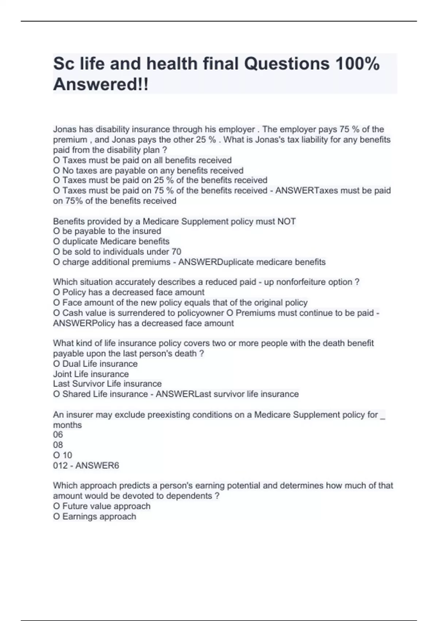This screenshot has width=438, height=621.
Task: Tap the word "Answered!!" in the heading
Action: pos(101,84)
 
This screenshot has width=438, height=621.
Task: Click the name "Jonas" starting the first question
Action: pos(65,129)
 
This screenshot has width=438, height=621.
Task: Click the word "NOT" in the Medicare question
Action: pos(286,221)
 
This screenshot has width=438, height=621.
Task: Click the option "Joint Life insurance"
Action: pos(91,374)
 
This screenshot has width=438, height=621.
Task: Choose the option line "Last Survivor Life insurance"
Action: pos(107,384)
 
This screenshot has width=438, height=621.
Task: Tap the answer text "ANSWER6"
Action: pos(97,466)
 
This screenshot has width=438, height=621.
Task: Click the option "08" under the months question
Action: pos(58,445)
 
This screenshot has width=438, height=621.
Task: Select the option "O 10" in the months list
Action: pos(62,455)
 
